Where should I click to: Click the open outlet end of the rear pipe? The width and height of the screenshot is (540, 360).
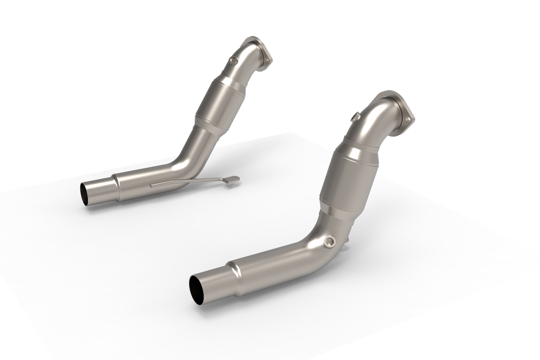[x=85, y=194]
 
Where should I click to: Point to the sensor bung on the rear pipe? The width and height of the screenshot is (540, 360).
[x=233, y=61]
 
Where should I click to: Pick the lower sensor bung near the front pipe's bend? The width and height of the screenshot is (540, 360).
[x=330, y=242]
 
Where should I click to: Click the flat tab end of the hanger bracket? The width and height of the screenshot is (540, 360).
[x=233, y=179]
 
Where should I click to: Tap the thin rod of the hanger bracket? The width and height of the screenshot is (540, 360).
[x=187, y=182]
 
